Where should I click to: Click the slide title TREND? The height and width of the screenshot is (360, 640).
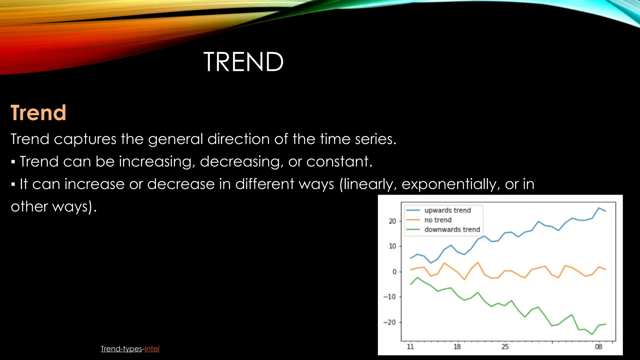pos(243,62)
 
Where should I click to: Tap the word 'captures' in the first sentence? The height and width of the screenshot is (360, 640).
pos(85,139)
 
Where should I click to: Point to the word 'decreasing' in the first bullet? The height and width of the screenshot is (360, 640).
pos(241,162)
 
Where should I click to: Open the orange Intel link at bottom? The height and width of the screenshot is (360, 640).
pos(152,349)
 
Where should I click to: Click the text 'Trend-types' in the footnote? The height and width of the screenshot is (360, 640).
pos(121,349)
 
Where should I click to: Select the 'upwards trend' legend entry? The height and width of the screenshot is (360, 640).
pos(447,210)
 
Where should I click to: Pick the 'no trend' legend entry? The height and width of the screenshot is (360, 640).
pos(437,220)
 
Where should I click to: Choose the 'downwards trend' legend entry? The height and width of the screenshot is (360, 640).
pos(452,230)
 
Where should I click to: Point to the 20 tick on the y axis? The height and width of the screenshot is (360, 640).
pos(392,221)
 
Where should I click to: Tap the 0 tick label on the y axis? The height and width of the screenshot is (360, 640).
pos(394,272)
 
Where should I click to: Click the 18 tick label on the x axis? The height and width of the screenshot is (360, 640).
pos(457,347)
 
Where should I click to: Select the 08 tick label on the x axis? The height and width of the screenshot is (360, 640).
pos(598,347)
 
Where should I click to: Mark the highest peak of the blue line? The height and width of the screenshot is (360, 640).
pos(599,208)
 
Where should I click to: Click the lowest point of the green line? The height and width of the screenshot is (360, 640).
pos(592,334)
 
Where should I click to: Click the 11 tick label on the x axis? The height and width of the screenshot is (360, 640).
pos(410,347)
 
